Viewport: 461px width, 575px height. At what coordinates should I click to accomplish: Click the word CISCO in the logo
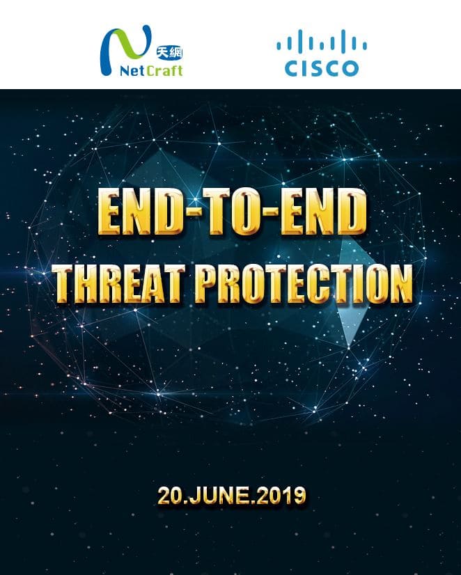322,68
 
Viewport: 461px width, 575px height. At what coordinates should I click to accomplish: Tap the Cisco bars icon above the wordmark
322,40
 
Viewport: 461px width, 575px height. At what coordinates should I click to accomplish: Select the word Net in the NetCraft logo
132,70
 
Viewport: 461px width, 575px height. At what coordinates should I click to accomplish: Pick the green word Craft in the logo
164,70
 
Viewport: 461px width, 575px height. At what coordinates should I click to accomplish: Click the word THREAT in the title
118,284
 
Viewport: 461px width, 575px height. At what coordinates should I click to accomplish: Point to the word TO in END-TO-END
232,212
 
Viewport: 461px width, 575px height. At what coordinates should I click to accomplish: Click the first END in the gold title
141,212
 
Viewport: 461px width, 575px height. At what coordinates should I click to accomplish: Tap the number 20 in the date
169,496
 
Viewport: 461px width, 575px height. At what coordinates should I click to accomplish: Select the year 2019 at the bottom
281,496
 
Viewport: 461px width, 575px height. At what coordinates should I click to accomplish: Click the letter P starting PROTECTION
207,284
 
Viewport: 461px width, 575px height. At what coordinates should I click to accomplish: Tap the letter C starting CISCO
294,68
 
